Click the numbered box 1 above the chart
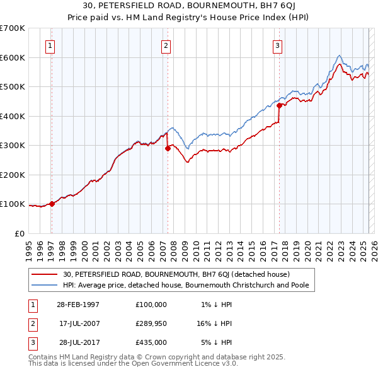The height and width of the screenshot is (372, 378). coord(50,45)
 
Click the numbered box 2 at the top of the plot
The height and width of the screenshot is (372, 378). coord(166,45)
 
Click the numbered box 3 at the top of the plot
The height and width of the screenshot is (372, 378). coord(277,45)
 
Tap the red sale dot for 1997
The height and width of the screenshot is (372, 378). coord(52,204)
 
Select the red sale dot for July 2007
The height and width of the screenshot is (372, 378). coord(168,148)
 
